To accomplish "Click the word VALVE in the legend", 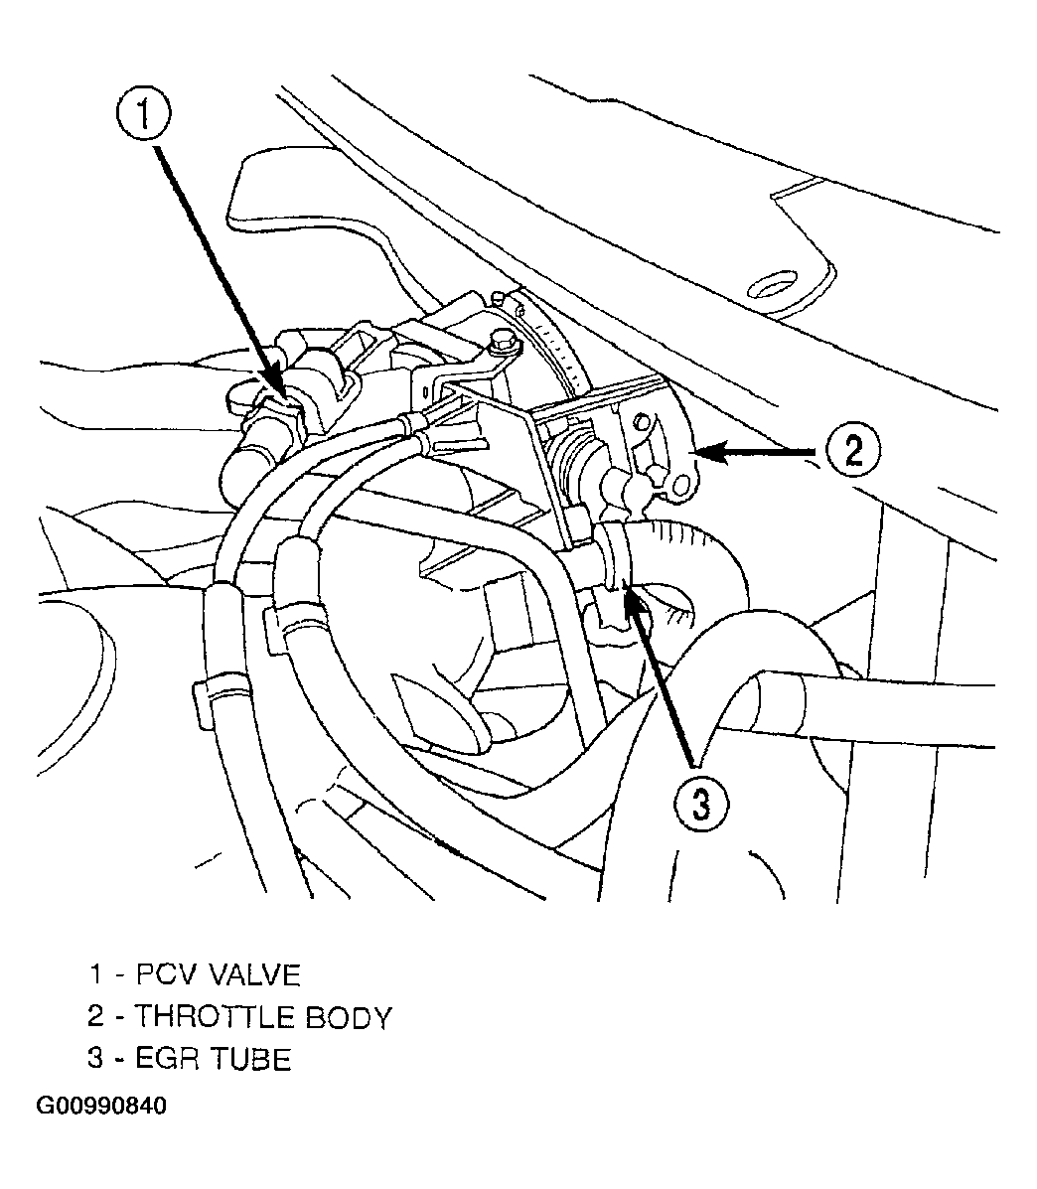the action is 254,974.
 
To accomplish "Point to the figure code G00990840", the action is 101,1106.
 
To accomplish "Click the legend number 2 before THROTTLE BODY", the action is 95,1017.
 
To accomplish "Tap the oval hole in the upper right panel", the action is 773,284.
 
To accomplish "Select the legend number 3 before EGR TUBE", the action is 95,1059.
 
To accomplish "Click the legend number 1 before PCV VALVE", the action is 95,974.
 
